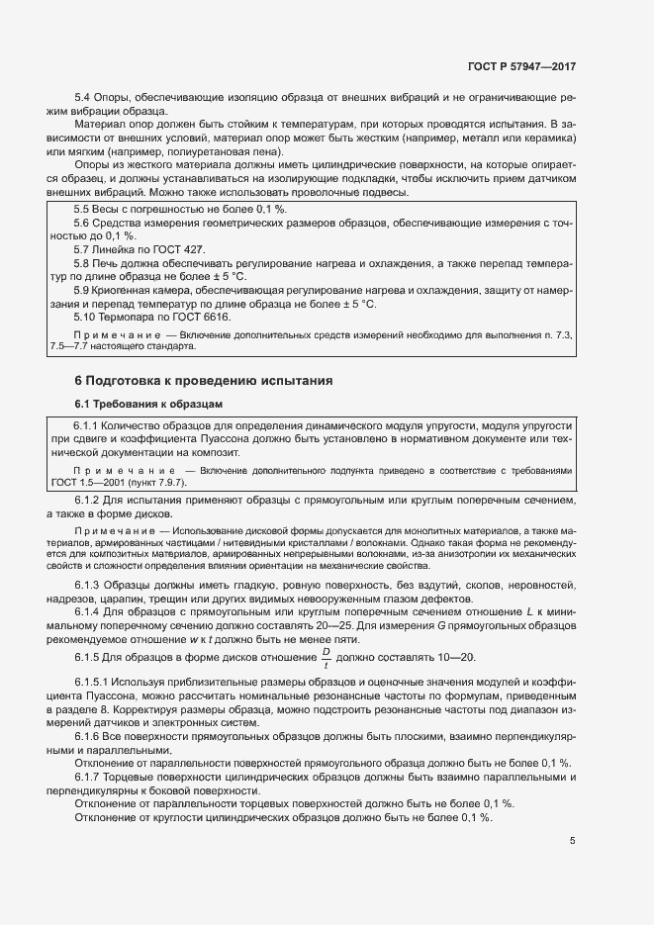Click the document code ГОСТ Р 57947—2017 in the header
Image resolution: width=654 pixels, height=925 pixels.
point(520,66)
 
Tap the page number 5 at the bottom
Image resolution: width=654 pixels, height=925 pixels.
point(572,842)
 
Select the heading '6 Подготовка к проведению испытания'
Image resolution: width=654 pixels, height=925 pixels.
point(190,380)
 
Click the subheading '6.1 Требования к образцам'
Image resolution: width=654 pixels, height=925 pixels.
point(148,404)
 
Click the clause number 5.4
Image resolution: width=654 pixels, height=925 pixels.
point(83,97)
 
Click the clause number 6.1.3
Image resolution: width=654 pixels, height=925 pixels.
point(88,587)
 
